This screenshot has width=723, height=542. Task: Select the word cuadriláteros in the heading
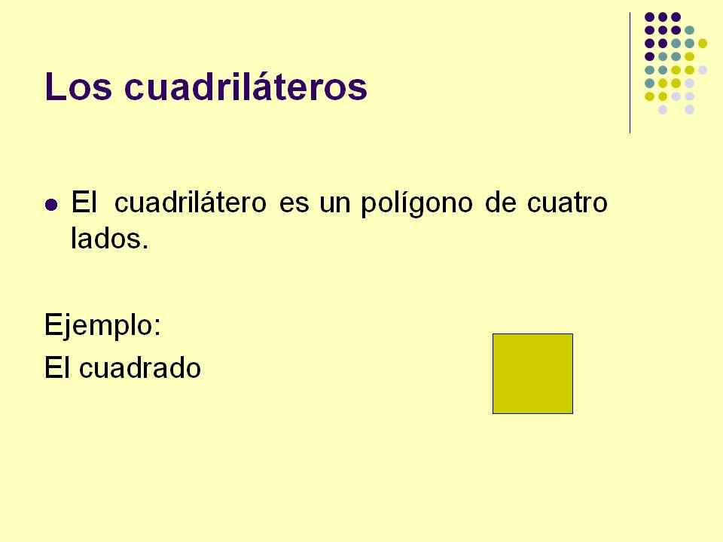pyautogui.click(x=245, y=87)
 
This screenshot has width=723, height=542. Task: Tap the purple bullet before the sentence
pyautogui.click(x=51, y=205)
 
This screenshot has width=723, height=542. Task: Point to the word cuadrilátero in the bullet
pyautogui.click(x=192, y=204)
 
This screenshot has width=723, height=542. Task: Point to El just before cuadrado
pyautogui.click(x=57, y=368)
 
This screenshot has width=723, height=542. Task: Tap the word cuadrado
pyautogui.click(x=139, y=368)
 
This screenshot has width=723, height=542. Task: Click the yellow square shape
pyautogui.click(x=532, y=373)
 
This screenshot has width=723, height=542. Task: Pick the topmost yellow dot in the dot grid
pyautogui.click(x=703, y=43)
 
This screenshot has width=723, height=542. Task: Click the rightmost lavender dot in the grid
pyautogui.click(x=703, y=70)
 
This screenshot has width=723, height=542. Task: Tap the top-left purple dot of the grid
pyautogui.click(x=649, y=17)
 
